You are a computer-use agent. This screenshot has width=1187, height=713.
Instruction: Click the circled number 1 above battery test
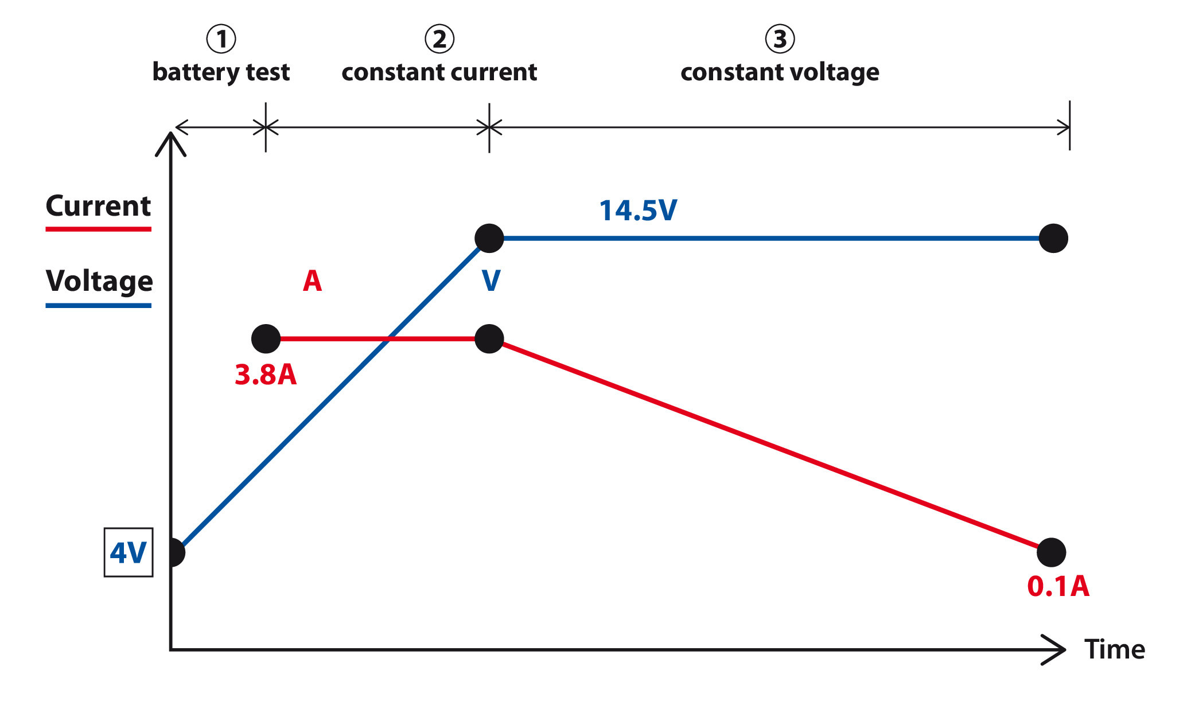221,39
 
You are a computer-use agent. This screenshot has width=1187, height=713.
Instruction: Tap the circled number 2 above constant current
439,39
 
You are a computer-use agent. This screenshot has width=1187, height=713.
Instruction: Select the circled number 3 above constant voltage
780,39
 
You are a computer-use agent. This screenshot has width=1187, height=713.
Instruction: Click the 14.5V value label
638,211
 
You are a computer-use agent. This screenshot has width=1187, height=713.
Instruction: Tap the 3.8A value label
266,375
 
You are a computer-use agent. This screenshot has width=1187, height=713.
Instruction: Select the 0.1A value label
1058,586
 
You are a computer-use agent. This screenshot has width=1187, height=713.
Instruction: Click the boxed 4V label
129,552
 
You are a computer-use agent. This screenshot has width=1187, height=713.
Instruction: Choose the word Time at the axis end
1114,649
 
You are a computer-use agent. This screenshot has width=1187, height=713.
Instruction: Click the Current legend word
98,206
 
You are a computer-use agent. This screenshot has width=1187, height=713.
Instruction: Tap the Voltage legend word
99,281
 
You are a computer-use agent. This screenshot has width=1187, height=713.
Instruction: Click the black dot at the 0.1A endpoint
1052,552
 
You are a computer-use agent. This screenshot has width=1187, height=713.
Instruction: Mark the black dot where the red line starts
266,339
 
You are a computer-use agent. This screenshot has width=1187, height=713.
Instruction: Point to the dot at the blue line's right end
1053,238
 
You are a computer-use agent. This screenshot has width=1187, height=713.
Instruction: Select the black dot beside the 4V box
174,552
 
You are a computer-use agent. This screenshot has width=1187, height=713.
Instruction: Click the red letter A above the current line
313,281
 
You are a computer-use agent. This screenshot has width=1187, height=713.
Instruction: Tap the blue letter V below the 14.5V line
491,281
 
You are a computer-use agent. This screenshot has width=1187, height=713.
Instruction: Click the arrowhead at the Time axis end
1058,650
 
